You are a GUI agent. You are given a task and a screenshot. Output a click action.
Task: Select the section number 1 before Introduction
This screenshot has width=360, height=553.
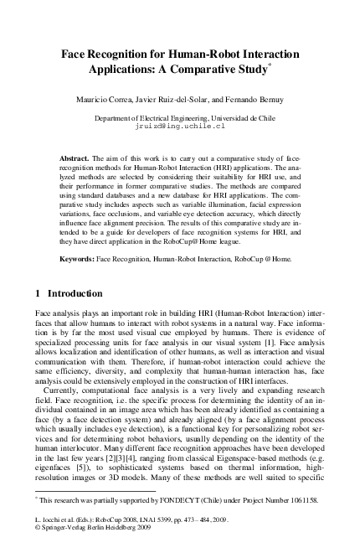pyautogui.click(x=39, y=294)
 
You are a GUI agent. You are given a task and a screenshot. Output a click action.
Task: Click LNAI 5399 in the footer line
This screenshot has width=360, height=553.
pyautogui.click(x=161, y=522)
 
